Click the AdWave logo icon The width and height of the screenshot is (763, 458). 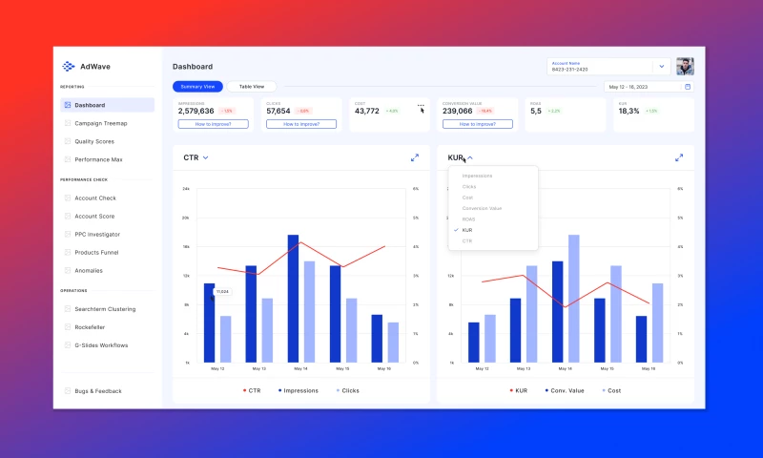click(x=68, y=67)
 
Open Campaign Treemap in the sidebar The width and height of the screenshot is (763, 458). click(x=100, y=123)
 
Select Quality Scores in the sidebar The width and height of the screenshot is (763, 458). click(x=94, y=141)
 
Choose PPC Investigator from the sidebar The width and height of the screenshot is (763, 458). click(x=97, y=234)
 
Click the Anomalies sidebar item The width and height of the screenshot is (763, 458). click(x=89, y=270)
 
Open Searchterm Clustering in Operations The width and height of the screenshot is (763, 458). click(x=105, y=309)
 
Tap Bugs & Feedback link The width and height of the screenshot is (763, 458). click(x=97, y=391)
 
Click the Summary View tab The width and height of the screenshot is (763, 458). click(x=198, y=86)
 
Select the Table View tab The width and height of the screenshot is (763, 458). click(x=252, y=86)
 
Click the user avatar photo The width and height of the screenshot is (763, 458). click(x=685, y=67)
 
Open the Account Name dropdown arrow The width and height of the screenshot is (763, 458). click(x=661, y=67)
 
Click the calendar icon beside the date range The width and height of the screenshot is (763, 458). click(x=688, y=87)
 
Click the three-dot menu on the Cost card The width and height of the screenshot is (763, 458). click(x=421, y=105)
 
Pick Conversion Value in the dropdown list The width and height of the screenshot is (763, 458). click(x=482, y=208)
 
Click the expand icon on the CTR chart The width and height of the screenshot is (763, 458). click(x=415, y=157)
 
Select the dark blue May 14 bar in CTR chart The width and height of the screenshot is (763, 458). click(x=293, y=299)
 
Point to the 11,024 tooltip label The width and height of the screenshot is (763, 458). click(x=222, y=291)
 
